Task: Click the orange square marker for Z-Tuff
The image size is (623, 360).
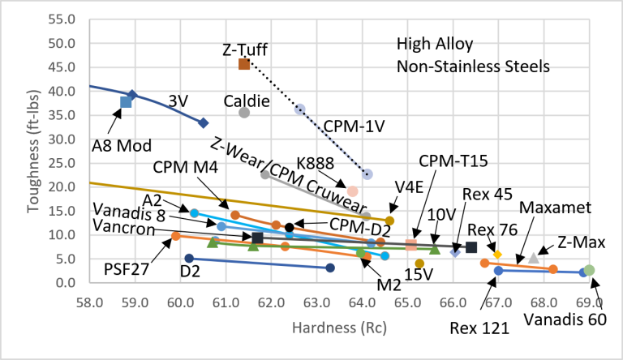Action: point(244,63)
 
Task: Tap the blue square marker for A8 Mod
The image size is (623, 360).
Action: point(126,102)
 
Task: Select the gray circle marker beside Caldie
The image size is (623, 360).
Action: point(244,113)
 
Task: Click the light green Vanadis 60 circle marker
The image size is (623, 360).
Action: point(590,270)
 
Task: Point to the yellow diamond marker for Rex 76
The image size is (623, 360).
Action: point(497,255)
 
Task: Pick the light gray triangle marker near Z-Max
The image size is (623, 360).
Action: point(533,259)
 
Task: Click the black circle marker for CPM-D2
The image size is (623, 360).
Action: point(290,227)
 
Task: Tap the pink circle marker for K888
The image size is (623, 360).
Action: point(352,191)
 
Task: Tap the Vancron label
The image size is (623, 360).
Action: point(119,224)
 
